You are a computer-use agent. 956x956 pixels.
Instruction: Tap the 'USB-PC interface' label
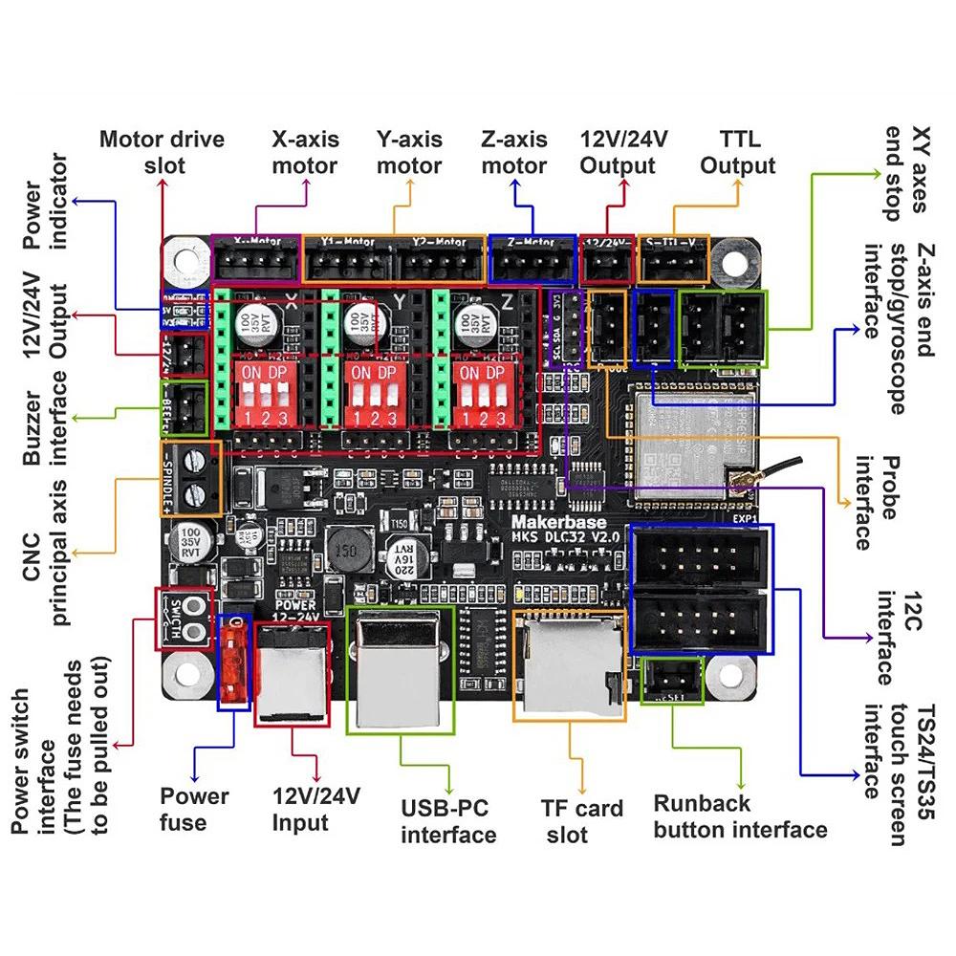click(x=448, y=821)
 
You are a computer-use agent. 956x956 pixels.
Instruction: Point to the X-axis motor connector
click(x=255, y=260)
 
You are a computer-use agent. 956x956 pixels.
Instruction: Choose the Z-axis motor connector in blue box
click(x=532, y=260)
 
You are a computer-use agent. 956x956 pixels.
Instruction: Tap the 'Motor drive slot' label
click(x=162, y=152)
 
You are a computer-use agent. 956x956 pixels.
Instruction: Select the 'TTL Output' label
click(x=737, y=152)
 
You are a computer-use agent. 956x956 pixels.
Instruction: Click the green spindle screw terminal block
click(x=195, y=478)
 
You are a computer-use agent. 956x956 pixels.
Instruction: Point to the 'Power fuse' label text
click(x=194, y=809)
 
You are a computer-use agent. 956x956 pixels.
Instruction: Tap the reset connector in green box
click(x=672, y=681)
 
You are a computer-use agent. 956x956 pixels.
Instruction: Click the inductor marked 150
click(x=345, y=552)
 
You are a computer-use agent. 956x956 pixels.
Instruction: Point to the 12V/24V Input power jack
click(x=291, y=674)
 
